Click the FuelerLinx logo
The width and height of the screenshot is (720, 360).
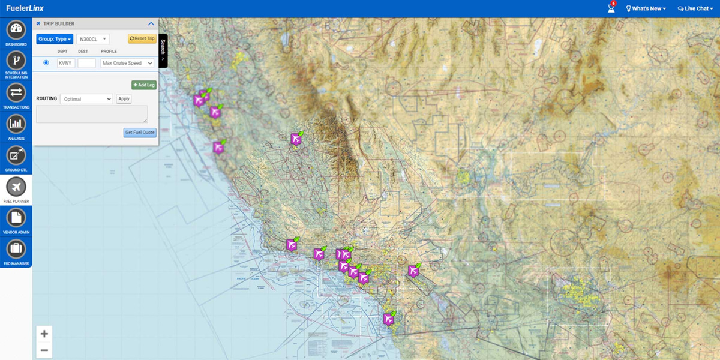(x=25, y=8)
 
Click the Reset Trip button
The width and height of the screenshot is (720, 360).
(x=142, y=39)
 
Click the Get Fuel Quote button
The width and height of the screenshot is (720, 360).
(x=140, y=133)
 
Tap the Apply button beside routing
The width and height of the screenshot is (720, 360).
(x=124, y=98)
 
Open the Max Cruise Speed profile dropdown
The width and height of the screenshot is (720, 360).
(x=127, y=63)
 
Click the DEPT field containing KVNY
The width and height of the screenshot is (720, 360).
(x=66, y=63)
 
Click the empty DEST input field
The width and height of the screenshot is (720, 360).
(x=86, y=63)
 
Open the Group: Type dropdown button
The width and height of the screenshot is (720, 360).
(x=55, y=39)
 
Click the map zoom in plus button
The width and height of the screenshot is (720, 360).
(x=44, y=334)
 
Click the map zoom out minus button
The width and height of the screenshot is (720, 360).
(x=44, y=350)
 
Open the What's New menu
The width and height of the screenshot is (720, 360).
(x=646, y=8)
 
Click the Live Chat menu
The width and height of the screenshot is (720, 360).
(x=695, y=8)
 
